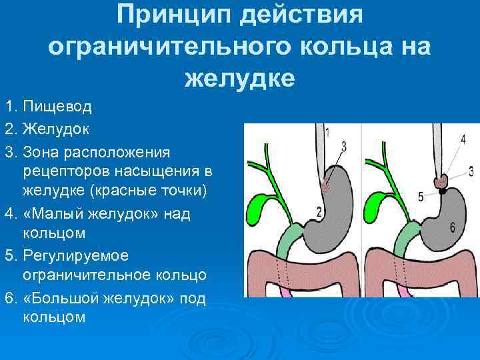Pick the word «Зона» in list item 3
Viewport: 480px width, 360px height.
[x=39, y=153]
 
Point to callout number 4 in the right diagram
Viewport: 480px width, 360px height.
[x=463, y=140]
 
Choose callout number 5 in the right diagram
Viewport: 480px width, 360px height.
[x=421, y=197]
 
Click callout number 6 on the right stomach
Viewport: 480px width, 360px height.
[x=453, y=227]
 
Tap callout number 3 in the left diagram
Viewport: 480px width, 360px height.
[x=343, y=146]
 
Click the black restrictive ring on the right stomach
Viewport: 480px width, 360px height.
[x=441, y=191]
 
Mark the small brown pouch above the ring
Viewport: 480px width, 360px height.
[x=440, y=181]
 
